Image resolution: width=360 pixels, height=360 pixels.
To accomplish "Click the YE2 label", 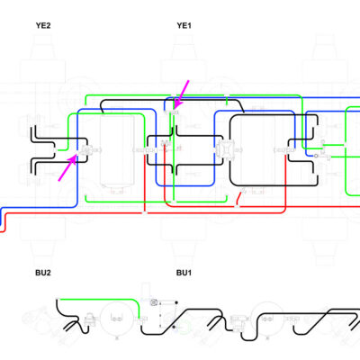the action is coord(43,25).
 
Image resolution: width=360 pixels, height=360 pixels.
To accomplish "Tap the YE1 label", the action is coord(184,25).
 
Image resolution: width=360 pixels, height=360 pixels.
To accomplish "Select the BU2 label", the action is coord(43,273).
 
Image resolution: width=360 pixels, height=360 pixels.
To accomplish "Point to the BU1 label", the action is coord(184,273).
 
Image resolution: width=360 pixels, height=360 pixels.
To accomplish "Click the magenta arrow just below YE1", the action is coord(182,94).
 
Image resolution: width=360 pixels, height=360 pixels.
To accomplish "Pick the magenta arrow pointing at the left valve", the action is coord(67,167).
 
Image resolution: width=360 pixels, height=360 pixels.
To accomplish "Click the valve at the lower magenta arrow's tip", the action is coord(87,149).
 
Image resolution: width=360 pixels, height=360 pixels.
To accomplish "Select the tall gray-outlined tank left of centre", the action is coord(117,151).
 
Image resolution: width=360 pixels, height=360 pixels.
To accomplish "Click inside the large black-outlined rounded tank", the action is coord(259,150).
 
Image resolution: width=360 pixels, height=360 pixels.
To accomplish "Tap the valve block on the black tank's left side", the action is coord(223,149).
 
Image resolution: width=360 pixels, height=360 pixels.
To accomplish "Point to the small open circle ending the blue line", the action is coord(316,156).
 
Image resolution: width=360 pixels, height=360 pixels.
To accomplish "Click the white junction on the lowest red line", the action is coord(145,212).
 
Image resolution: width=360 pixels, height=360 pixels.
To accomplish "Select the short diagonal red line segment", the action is coord(240,199).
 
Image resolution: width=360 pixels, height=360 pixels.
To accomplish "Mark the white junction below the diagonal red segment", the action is coord(237,206).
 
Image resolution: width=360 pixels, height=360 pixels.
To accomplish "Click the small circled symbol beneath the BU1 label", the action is coord(154,302).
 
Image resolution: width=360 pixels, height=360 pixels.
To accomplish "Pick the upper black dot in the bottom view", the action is coord(176,302).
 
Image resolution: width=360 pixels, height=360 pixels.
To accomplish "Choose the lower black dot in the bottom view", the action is coord(174,327).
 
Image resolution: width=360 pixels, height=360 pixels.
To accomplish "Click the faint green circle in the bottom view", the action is coord(184,327).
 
